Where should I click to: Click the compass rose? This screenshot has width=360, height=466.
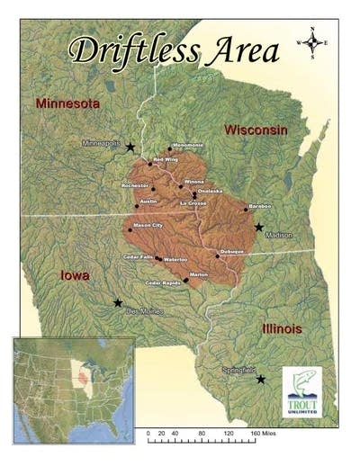pos(311,42)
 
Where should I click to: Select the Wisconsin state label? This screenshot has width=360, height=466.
pos(256,130)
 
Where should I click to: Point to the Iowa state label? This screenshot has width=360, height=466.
pos(74,275)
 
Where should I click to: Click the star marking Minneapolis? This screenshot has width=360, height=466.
pos(130,147)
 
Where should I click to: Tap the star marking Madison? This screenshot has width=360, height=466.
pos(258,227)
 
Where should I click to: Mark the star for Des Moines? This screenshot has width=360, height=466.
pos(118,303)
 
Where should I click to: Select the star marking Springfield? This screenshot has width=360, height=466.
pos(261,380)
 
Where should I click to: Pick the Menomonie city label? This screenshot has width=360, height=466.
pos(188,146)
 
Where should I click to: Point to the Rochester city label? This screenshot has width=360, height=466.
pos(136,185)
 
